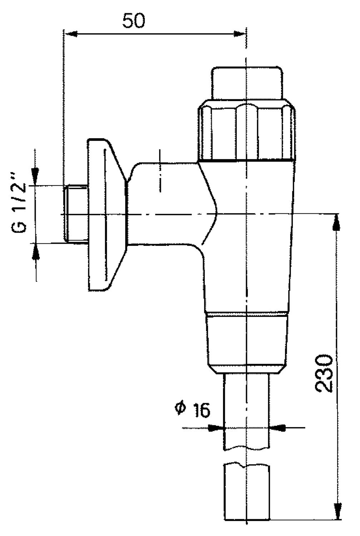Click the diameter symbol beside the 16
tap(180, 407)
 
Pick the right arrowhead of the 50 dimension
tap(238, 34)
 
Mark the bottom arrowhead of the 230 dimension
tap(337, 511)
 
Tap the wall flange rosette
tap(105, 214)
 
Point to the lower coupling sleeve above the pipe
tap(247, 343)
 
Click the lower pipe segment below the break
tap(247, 493)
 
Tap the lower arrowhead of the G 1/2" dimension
tap(36, 252)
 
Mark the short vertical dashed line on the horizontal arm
tap(160, 171)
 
